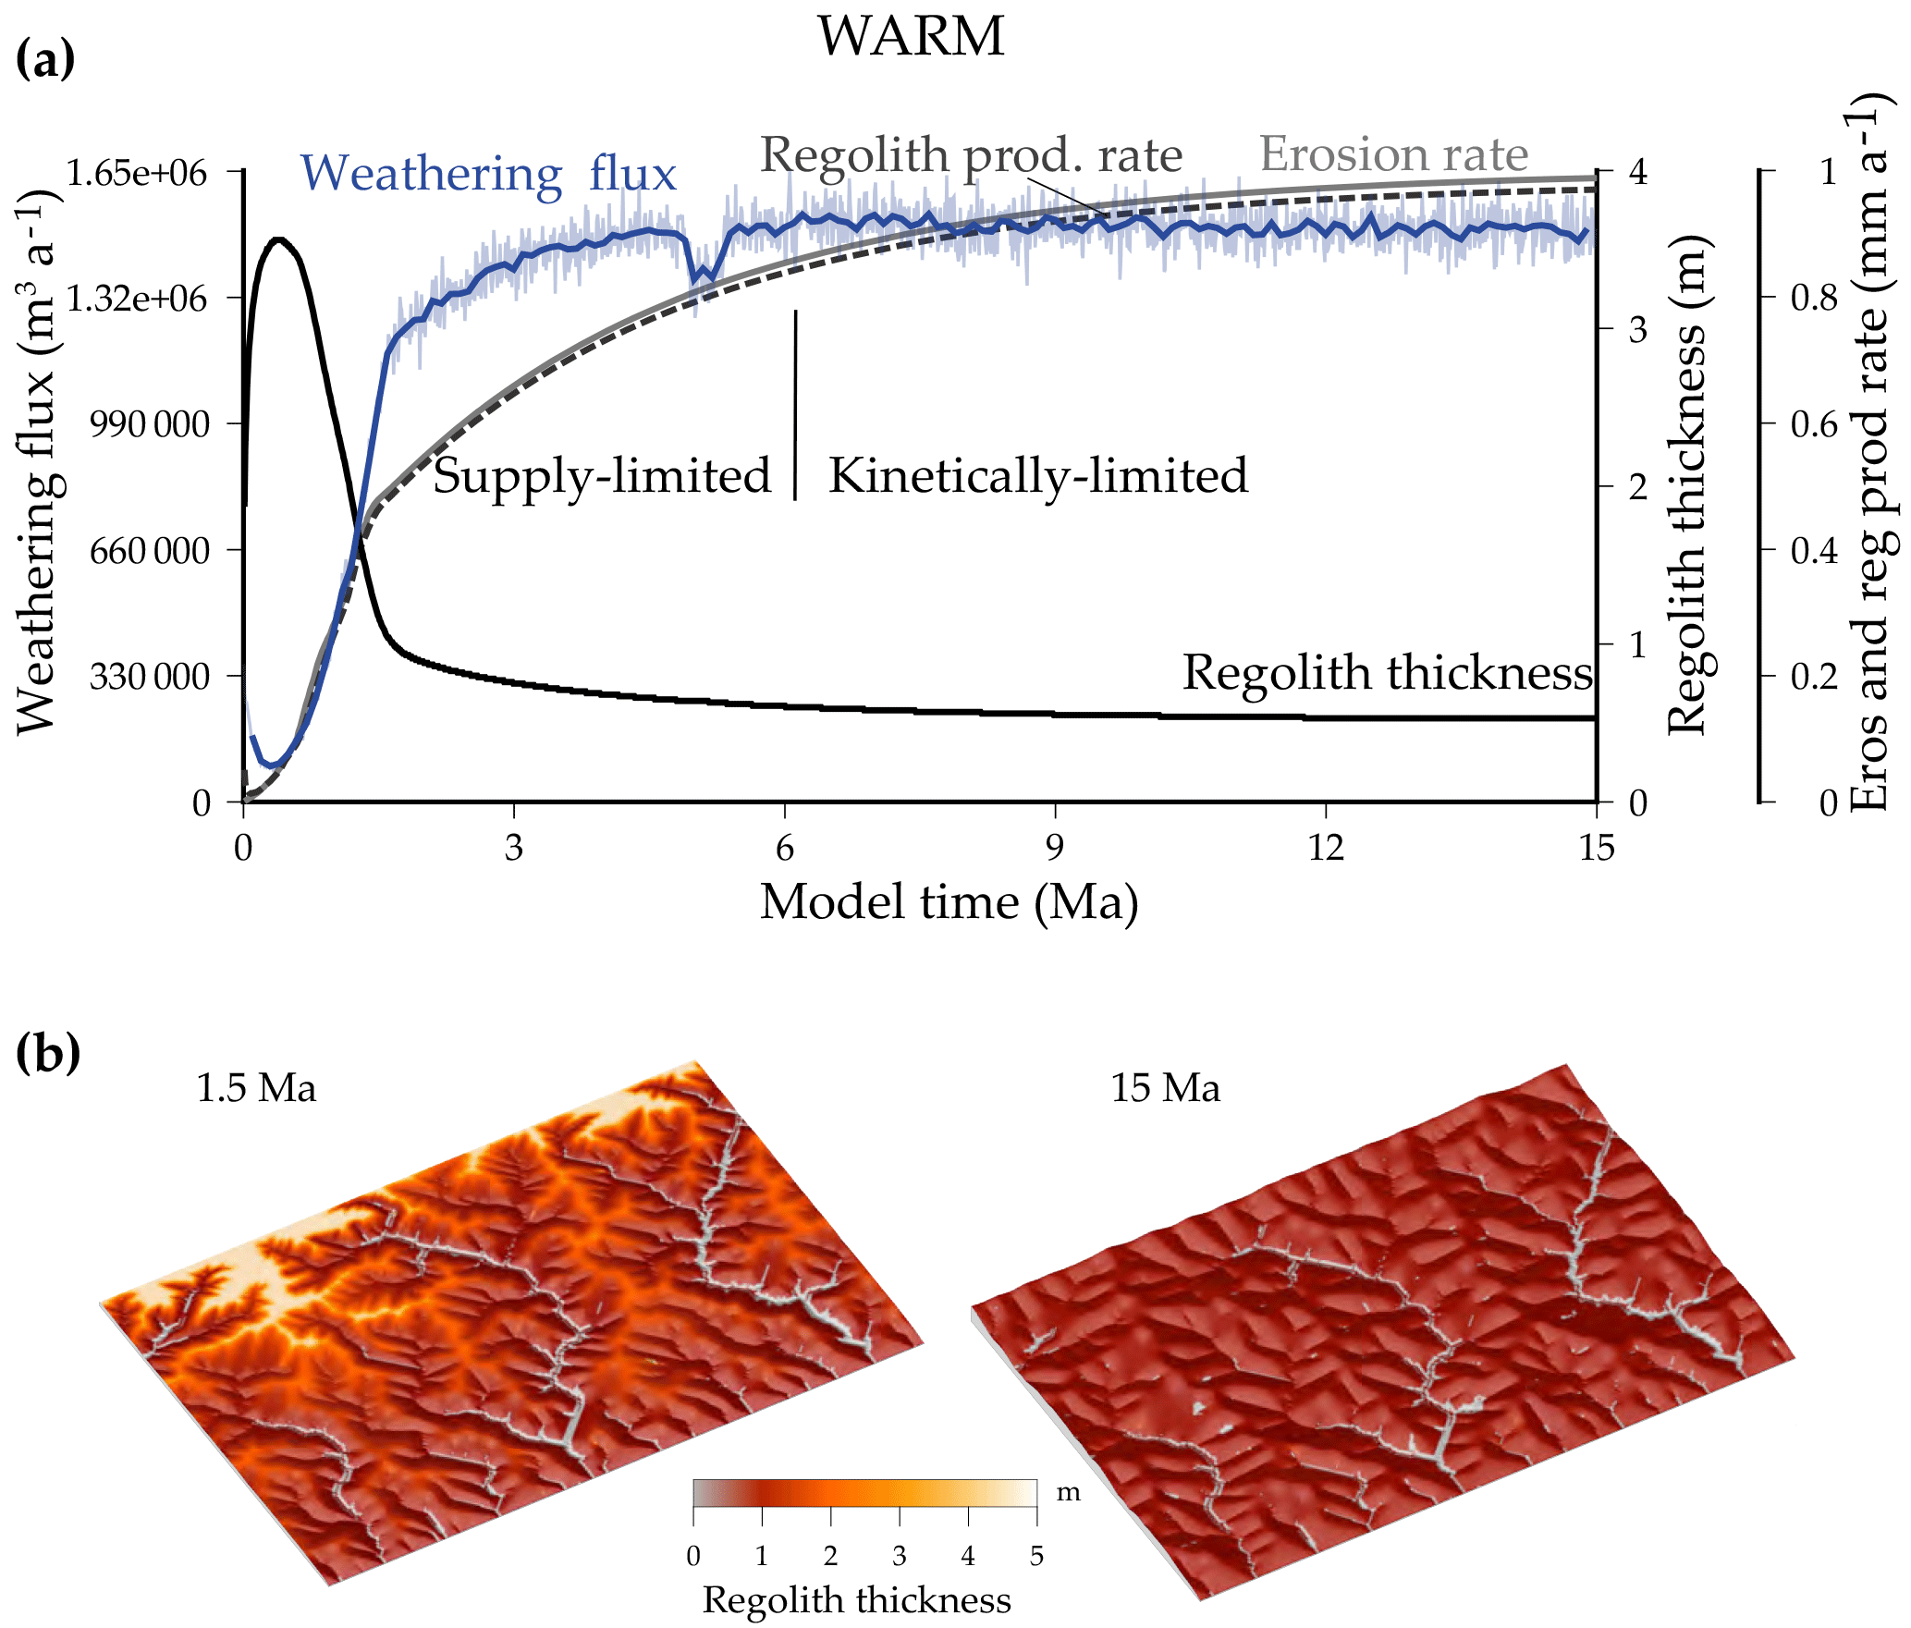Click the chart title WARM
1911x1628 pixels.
(x=911, y=37)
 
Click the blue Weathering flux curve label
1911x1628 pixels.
(x=488, y=173)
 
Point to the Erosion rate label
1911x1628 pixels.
(x=1393, y=153)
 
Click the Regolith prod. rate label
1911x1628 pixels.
(x=971, y=154)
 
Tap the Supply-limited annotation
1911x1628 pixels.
(x=602, y=475)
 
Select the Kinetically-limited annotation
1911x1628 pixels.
(x=1038, y=475)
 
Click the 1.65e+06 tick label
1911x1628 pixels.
(x=136, y=173)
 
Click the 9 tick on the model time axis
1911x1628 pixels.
(x=1055, y=847)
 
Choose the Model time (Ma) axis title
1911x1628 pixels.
(x=949, y=901)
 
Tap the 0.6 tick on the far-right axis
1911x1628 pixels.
(x=1814, y=424)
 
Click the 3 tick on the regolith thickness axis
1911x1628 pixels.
(x=1637, y=329)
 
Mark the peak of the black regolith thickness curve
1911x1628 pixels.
(x=278, y=239)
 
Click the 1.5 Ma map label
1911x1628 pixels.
(x=256, y=1088)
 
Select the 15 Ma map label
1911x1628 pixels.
(x=1165, y=1088)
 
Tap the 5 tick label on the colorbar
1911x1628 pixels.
(x=1036, y=1556)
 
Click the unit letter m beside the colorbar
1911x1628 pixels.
(x=1069, y=1493)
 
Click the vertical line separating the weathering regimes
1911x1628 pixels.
(x=795, y=405)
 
